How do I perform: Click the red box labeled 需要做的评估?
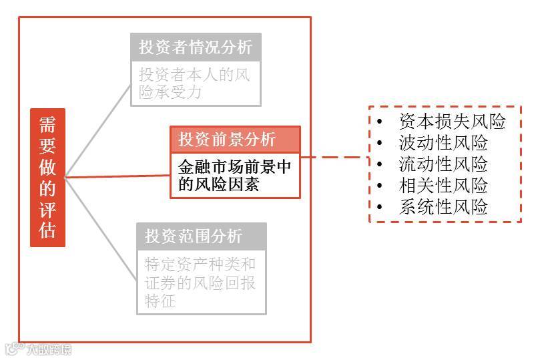(x=47, y=178)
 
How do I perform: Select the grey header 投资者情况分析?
(x=196, y=47)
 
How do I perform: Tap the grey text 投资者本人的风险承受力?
(x=194, y=83)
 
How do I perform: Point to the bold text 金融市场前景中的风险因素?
(x=234, y=175)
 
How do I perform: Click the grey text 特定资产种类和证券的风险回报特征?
(x=200, y=281)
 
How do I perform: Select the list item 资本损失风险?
(x=452, y=122)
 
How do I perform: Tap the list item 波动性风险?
(x=443, y=143)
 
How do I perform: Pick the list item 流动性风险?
(x=443, y=164)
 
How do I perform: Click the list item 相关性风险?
(x=443, y=186)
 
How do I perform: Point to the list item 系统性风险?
(x=443, y=207)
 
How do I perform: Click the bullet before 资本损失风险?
(x=380, y=122)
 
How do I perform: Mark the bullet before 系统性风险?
(x=380, y=208)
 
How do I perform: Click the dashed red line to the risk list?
(x=334, y=158)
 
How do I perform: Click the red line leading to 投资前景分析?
(x=117, y=176)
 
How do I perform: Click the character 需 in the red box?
(x=47, y=125)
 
